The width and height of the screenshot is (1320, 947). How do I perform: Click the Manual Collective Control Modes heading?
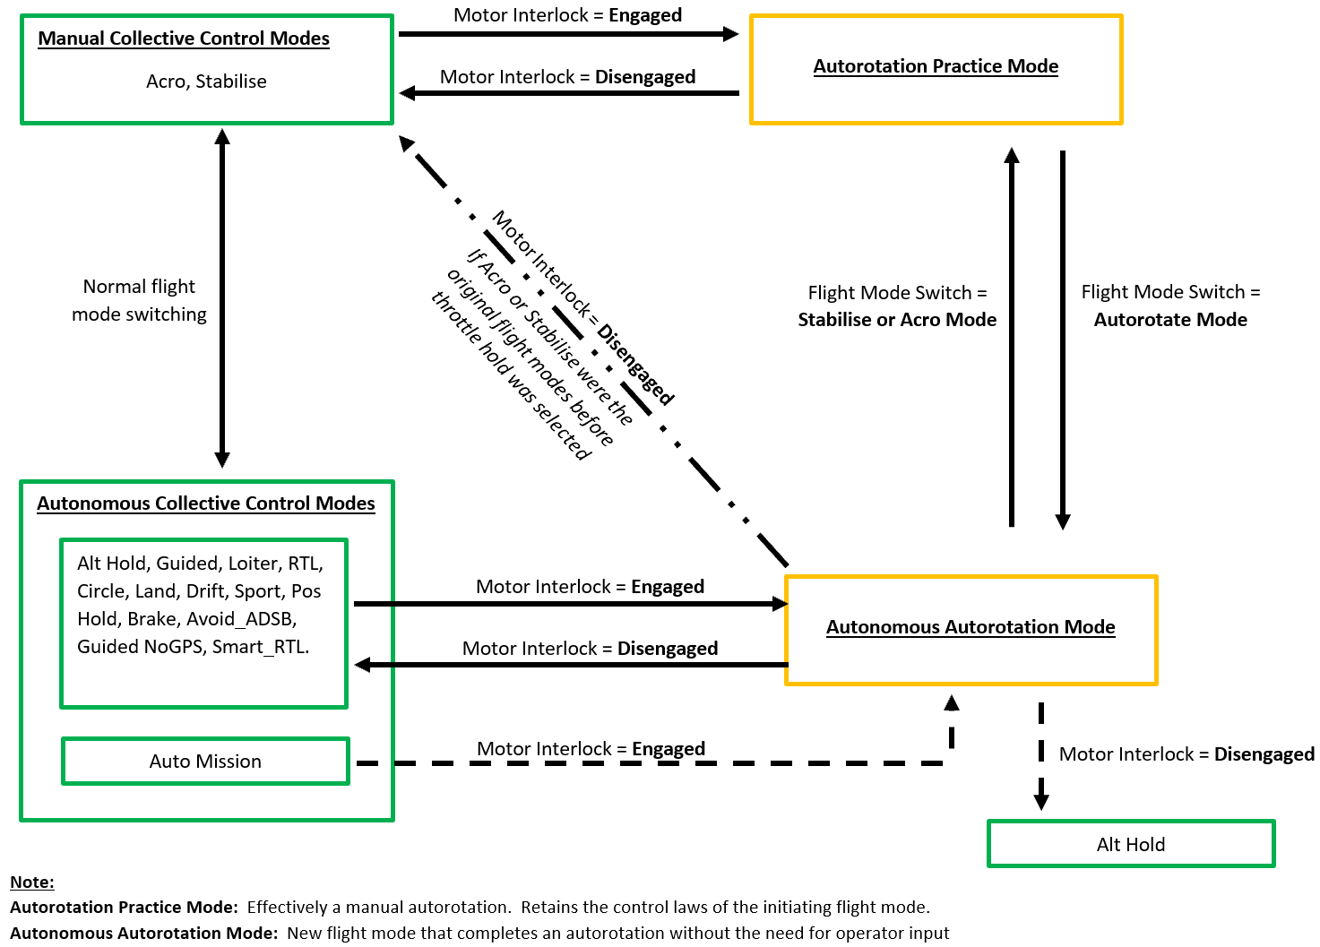(x=184, y=39)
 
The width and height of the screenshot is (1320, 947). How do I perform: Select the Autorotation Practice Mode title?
(x=936, y=66)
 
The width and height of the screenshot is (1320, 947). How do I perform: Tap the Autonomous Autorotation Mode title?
(x=971, y=627)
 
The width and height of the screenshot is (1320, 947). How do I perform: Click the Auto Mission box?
(x=205, y=762)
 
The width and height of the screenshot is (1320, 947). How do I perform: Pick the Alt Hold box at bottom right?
(x=1130, y=844)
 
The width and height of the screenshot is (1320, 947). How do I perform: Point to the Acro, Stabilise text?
(x=206, y=82)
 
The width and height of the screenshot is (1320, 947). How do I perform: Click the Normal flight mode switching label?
(x=139, y=300)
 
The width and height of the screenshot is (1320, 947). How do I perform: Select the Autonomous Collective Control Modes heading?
(x=206, y=504)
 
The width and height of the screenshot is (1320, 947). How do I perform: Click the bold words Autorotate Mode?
(x=1170, y=320)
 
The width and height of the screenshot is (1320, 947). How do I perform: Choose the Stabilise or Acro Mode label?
(x=897, y=320)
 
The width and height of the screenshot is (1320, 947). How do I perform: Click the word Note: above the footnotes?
(x=32, y=882)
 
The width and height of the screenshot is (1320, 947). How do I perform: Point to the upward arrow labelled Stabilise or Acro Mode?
(x=1012, y=340)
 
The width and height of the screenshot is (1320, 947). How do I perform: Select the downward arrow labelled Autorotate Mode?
(x=1063, y=340)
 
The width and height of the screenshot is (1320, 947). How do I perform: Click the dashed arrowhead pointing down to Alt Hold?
(x=1041, y=798)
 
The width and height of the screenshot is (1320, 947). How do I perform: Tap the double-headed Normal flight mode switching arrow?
(x=222, y=296)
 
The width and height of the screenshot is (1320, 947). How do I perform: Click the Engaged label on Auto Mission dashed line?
(x=669, y=749)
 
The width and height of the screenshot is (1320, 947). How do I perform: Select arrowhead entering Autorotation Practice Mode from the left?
(x=730, y=34)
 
